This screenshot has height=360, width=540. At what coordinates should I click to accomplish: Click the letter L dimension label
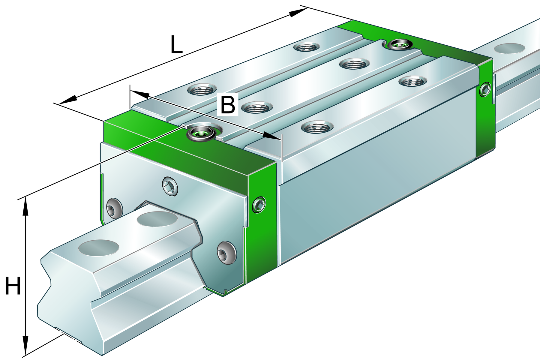(x=176, y=44)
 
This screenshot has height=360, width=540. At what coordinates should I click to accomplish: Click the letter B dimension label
(x=228, y=105)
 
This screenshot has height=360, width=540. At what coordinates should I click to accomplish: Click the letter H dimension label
(x=13, y=286)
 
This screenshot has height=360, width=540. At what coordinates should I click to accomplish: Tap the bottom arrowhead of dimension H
(x=25, y=345)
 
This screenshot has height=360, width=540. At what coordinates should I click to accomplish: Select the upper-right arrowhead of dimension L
(x=298, y=12)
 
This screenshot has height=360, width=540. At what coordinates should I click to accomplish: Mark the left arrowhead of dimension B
(x=140, y=94)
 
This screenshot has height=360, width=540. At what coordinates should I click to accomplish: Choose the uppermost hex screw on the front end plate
(x=170, y=187)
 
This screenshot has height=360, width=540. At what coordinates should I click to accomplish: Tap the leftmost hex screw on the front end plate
(x=114, y=208)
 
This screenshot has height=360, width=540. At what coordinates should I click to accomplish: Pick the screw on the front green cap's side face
(x=259, y=205)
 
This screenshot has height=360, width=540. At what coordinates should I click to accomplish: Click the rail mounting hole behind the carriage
(x=509, y=48)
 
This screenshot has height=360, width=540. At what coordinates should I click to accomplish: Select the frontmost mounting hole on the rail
(x=98, y=247)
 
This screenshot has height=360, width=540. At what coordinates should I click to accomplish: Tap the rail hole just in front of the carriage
(x=157, y=219)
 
